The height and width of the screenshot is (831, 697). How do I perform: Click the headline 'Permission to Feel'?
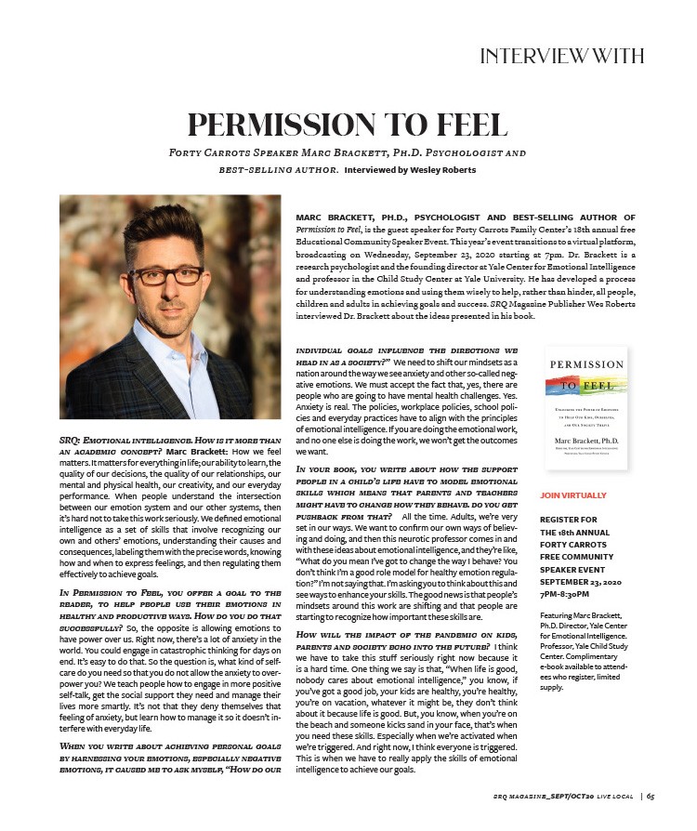coord(348,124)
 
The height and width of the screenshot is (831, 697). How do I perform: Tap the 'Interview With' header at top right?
coord(561,56)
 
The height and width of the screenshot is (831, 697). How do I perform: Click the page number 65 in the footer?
coord(651,796)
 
